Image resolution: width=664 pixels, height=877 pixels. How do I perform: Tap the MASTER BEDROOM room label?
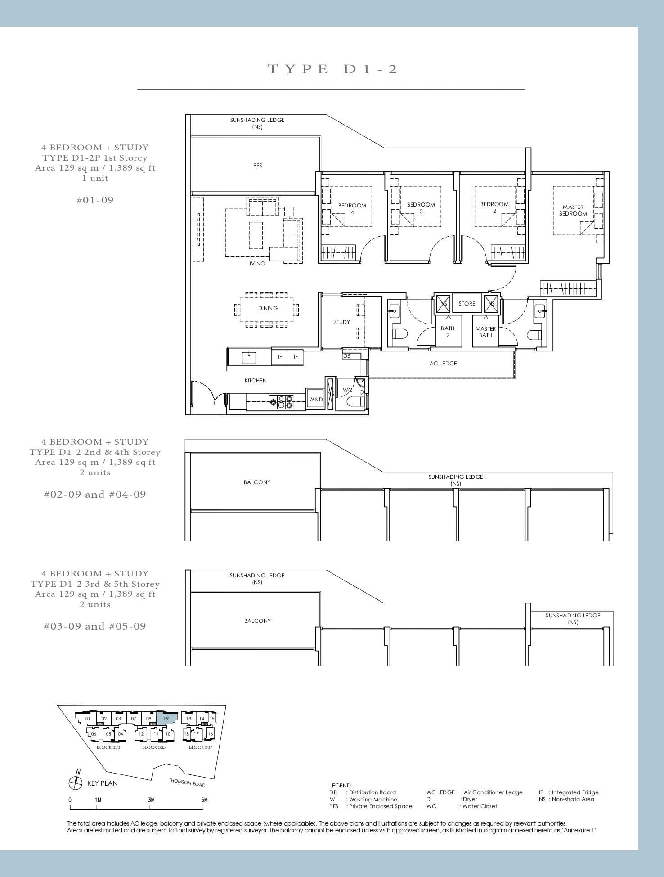573,210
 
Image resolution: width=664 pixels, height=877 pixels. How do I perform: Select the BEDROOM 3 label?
421,208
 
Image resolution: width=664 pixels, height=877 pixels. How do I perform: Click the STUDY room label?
342,322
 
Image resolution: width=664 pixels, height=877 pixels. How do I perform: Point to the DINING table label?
268,308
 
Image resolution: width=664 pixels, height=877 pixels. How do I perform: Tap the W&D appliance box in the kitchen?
315,400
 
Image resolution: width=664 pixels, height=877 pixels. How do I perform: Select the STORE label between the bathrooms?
467,304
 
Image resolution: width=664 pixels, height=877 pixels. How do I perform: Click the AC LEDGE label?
443,364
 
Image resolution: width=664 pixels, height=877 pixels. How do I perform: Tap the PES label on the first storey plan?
257,166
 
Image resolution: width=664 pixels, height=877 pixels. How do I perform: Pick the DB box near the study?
347,356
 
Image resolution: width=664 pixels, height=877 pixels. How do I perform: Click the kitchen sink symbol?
249,357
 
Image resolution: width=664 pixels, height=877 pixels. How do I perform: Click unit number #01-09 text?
95,200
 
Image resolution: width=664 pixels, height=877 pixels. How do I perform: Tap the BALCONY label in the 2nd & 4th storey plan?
257,482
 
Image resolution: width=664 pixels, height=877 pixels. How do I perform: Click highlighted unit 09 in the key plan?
167,719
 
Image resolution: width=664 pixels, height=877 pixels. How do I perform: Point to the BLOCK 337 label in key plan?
200,747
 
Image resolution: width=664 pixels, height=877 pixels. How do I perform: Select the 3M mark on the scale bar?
151,800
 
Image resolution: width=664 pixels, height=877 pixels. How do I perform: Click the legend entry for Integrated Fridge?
569,792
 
